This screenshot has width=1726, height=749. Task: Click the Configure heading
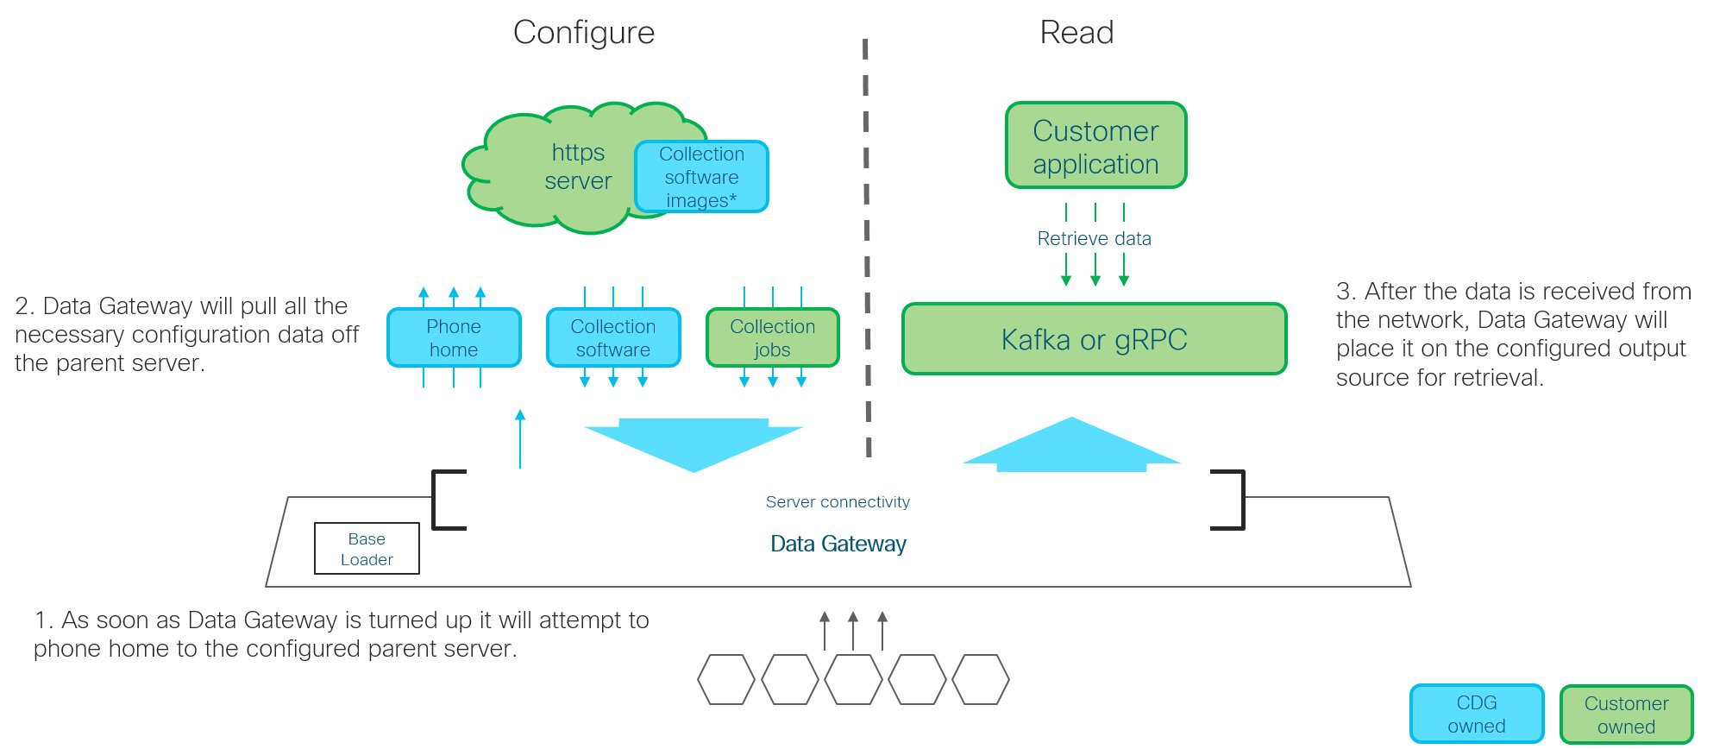tap(584, 33)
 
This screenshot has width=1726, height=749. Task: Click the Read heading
tap(1076, 33)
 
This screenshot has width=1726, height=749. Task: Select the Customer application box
tap(1095, 146)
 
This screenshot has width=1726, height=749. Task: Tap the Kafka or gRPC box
tap(1094, 339)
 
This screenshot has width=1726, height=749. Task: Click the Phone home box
tap(454, 337)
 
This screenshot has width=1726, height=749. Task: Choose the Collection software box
tap(613, 337)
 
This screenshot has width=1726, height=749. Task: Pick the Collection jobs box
tap(772, 337)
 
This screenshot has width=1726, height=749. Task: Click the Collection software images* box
tap(701, 177)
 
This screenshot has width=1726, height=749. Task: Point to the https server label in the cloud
tap(578, 167)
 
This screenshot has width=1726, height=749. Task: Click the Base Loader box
tap(367, 549)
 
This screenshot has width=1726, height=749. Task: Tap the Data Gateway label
tap(838, 544)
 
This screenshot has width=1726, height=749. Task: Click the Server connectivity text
tap(838, 502)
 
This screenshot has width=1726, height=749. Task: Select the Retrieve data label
tap(1094, 239)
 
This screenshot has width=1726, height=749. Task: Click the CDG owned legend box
tap(1476, 714)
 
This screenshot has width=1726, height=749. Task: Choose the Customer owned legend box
tap(1626, 714)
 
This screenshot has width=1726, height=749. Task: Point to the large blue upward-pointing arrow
tap(1071, 444)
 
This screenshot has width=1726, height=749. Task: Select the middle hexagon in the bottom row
tap(853, 680)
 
